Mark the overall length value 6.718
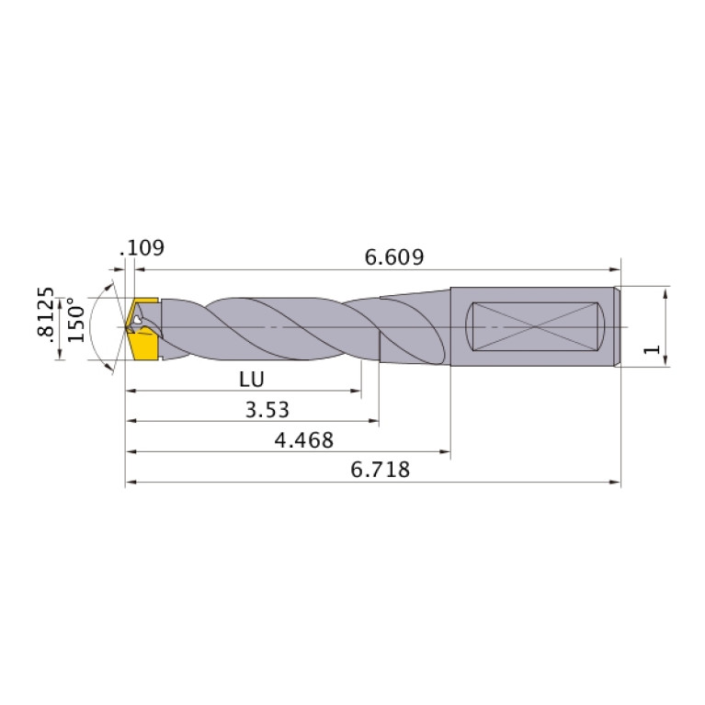380,471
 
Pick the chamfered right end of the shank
618,326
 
